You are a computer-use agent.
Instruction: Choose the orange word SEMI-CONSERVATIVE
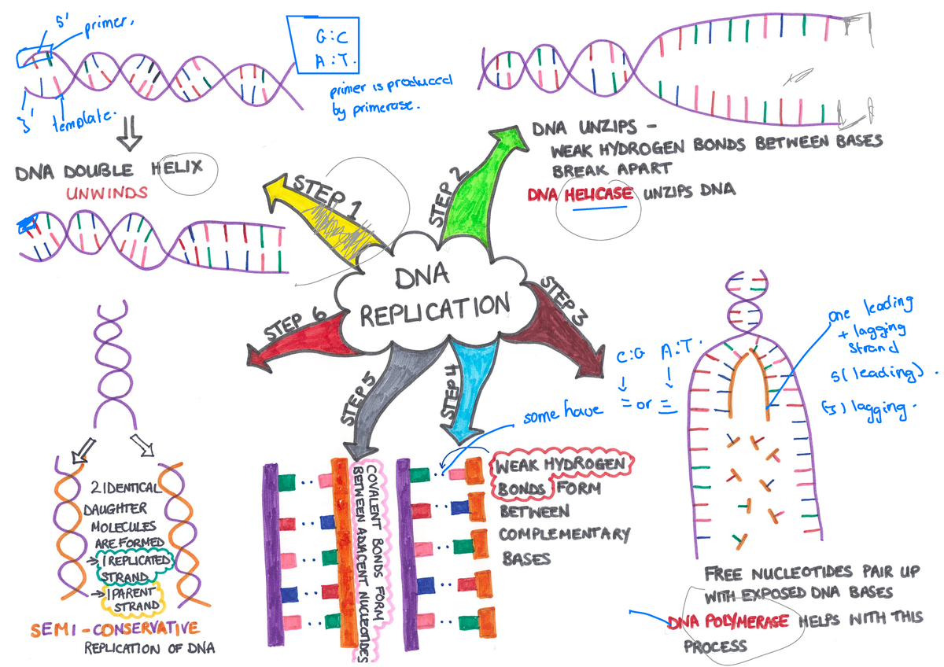coord(114,628)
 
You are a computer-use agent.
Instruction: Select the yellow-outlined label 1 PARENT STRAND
coord(135,599)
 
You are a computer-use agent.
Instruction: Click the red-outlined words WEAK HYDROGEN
coord(560,465)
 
